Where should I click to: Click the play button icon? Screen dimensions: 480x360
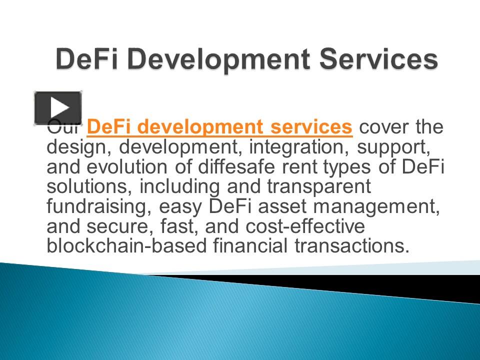pyautogui.click(x=58, y=108)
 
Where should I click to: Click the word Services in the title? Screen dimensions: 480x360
pyautogui.click(x=378, y=59)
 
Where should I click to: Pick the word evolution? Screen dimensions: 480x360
pyautogui.click(x=127, y=167)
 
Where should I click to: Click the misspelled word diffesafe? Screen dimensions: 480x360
pyautogui.click(x=236, y=167)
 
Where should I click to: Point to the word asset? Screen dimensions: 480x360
pyautogui.click(x=282, y=207)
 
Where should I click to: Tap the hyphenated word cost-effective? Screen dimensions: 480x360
pyautogui.click(x=305, y=226)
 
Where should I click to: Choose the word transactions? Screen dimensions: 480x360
pyautogui.click(x=352, y=246)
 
